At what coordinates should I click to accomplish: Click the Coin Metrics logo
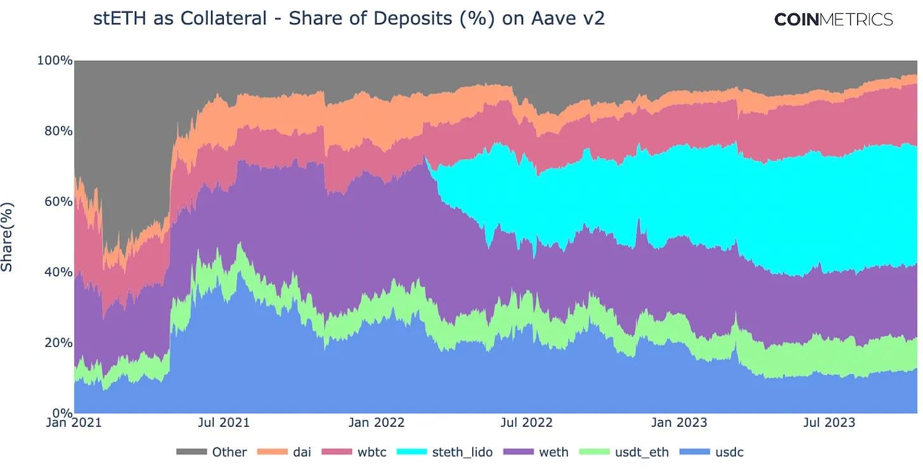tap(833, 20)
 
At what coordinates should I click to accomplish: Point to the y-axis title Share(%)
tap(8, 237)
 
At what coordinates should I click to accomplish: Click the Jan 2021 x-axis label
tap(74, 422)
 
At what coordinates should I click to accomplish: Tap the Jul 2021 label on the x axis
tap(224, 422)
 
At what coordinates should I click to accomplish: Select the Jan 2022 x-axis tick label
tap(377, 422)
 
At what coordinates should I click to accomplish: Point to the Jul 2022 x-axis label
tap(527, 422)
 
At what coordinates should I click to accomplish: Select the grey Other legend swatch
tap(191, 452)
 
